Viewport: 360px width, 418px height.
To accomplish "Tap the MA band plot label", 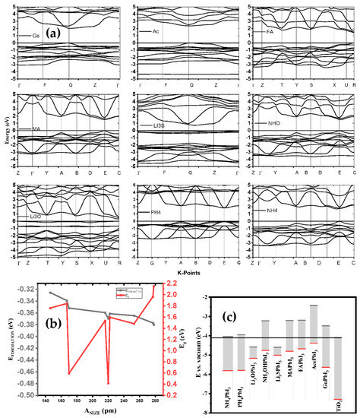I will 36,129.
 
